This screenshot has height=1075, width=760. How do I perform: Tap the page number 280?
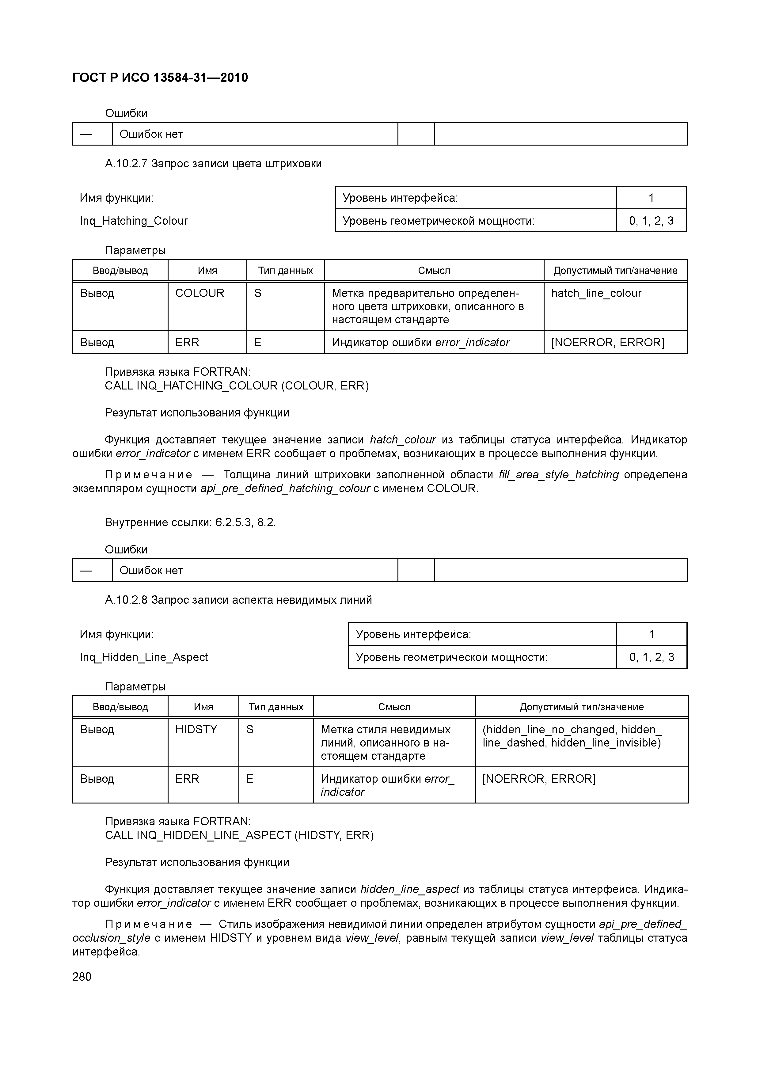(82, 976)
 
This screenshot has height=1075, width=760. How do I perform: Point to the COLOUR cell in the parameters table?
(199, 293)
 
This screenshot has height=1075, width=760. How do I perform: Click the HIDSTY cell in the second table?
(196, 729)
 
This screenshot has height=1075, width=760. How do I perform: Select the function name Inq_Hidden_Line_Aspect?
(144, 657)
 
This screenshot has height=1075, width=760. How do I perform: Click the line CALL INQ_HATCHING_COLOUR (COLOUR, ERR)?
(237, 386)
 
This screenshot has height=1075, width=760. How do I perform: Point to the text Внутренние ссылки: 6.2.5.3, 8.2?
(190, 522)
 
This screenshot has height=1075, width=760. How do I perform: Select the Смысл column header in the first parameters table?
(434, 271)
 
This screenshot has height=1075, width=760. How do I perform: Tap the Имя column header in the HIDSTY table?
(203, 707)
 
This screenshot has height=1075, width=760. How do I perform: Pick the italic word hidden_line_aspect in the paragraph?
(409, 889)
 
